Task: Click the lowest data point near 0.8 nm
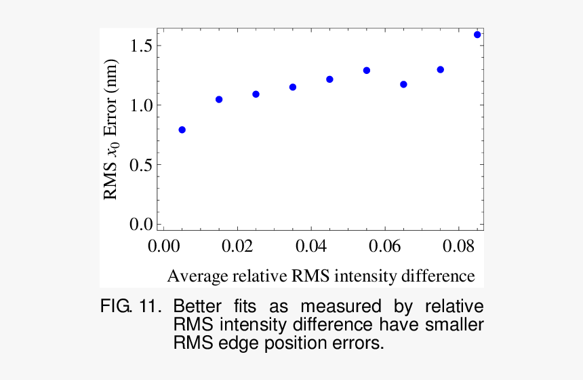click(x=182, y=130)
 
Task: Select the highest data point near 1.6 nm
click(x=477, y=35)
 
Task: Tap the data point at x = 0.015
click(x=219, y=100)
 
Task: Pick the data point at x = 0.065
click(x=403, y=84)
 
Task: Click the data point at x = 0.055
click(x=367, y=71)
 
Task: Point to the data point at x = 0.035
click(x=293, y=87)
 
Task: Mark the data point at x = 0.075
click(x=441, y=70)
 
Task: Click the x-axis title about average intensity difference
click(x=321, y=276)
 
